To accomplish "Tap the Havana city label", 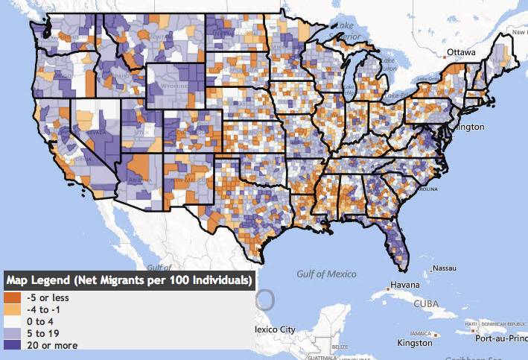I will (x=407, y=285).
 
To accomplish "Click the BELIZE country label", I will (x=340, y=346).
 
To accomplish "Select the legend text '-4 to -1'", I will (x=42, y=310).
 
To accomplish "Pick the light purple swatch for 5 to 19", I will (x=13, y=333).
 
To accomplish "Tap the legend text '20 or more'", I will (x=51, y=344).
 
